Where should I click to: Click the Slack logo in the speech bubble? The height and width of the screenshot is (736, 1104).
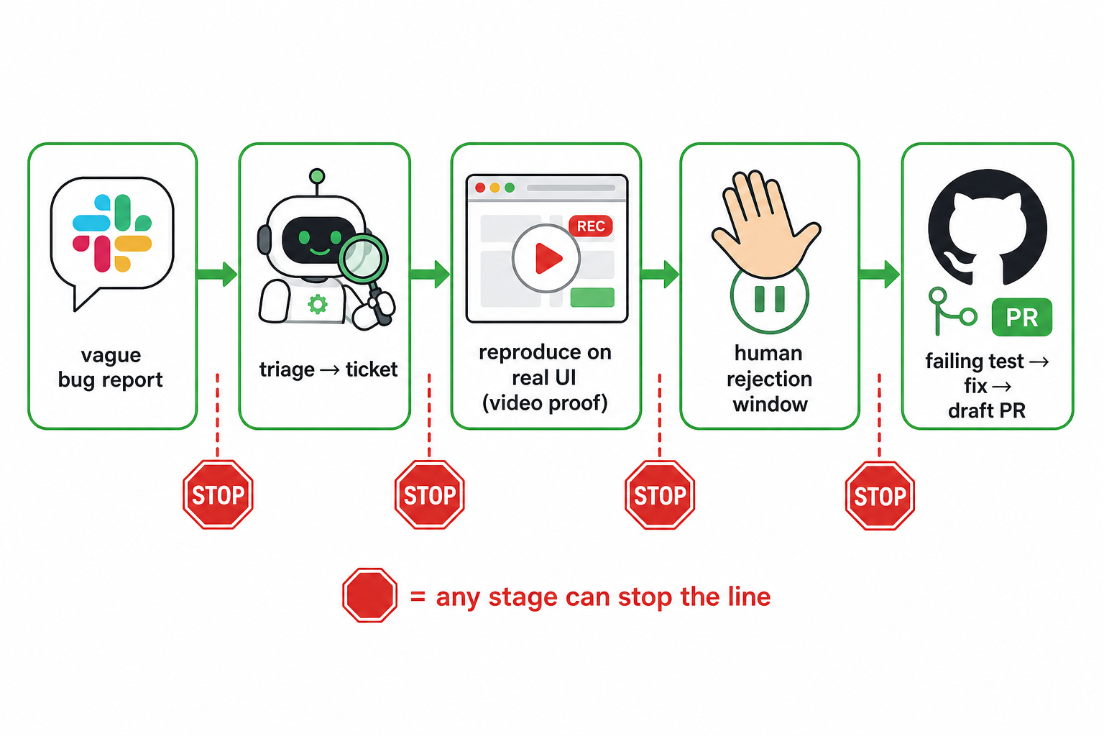[x=112, y=233]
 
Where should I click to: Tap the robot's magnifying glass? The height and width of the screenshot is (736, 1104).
[x=367, y=276]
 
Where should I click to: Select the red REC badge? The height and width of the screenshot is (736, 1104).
[x=590, y=226]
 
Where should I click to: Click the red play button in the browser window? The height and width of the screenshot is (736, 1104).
[x=546, y=258]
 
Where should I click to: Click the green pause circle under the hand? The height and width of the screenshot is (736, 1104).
[x=769, y=298]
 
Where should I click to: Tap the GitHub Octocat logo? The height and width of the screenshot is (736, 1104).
[x=987, y=227]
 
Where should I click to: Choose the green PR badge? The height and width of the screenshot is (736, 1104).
[x=1021, y=317]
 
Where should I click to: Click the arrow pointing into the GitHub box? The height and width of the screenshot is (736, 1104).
[x=880, y=274]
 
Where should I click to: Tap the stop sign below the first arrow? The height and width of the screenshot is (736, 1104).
[x=218, y=494]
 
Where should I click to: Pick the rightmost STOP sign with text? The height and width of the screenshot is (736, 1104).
[x=880, y=495]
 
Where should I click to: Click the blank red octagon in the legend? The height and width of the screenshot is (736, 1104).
[x=369, y=595]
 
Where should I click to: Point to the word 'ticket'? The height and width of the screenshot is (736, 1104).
[x=371, y=369]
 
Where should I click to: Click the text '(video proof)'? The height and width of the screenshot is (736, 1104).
[x=545, y=403]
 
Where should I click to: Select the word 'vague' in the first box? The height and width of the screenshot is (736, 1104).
[x=111, y=356]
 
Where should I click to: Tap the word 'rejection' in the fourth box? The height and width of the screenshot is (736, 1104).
[x=769, y=379]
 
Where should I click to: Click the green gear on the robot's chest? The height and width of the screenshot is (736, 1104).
[x=318, y=304]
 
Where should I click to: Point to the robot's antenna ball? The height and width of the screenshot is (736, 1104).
[x=317, y=176]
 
